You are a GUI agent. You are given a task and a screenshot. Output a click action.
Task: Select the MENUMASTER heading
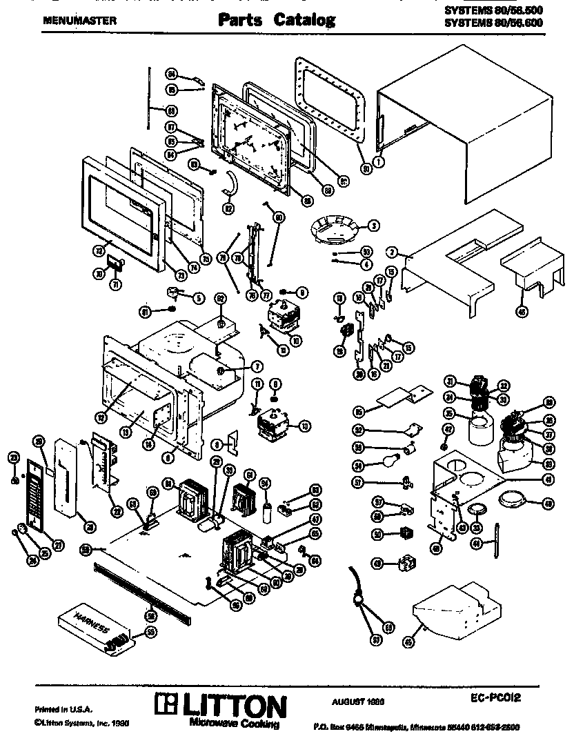coord(79,20)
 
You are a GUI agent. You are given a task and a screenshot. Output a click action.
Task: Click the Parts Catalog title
coord(277,20)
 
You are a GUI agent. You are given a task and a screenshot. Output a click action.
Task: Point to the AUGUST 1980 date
coord(358,701)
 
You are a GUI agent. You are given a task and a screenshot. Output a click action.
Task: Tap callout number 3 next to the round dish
coord(373,224)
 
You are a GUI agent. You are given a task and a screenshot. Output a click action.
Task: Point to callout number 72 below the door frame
coord(99,252)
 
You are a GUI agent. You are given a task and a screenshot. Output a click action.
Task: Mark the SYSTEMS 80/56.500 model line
coord(493,10)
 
